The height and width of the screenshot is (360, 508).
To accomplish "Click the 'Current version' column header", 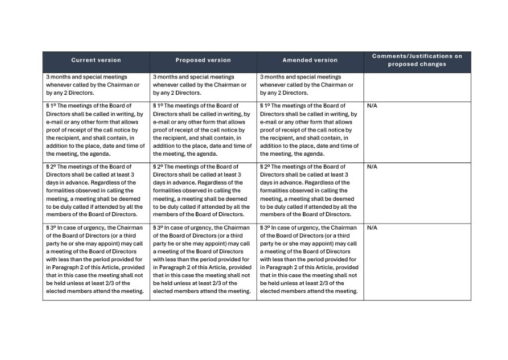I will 96,60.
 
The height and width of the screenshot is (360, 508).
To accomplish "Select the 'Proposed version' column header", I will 203,60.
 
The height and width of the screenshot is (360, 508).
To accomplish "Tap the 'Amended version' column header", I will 310,60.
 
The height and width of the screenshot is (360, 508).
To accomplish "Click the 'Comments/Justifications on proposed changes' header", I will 417,60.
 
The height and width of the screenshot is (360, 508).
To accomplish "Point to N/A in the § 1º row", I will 372,106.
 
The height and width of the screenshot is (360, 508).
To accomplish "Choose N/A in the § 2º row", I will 372,167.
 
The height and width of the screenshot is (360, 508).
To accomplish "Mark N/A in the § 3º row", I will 372,228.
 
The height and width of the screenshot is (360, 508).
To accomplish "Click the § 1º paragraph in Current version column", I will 95,130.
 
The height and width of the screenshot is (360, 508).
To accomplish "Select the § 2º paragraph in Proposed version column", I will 202,191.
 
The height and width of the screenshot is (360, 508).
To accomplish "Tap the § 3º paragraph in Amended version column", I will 309,260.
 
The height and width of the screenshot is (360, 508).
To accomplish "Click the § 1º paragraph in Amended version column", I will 309,130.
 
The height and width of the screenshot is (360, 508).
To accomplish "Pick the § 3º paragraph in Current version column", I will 95,260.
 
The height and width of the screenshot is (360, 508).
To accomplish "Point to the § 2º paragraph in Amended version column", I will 309,191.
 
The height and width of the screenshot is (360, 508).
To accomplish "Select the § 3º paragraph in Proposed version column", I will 202,260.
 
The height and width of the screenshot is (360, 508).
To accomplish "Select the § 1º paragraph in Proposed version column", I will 202,130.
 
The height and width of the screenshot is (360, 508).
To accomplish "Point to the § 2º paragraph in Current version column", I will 95,191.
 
